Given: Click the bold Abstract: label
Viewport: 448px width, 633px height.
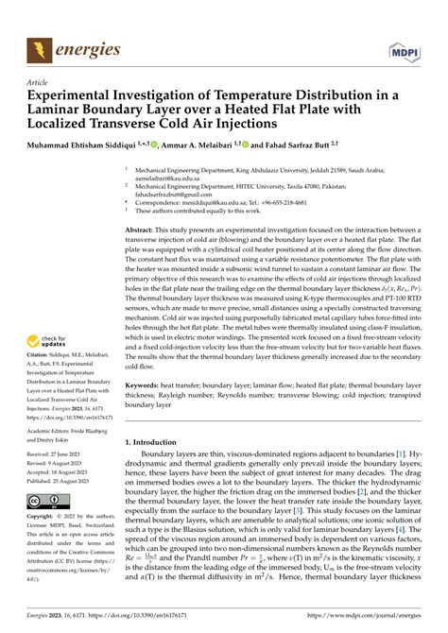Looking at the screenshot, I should [143, 231].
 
